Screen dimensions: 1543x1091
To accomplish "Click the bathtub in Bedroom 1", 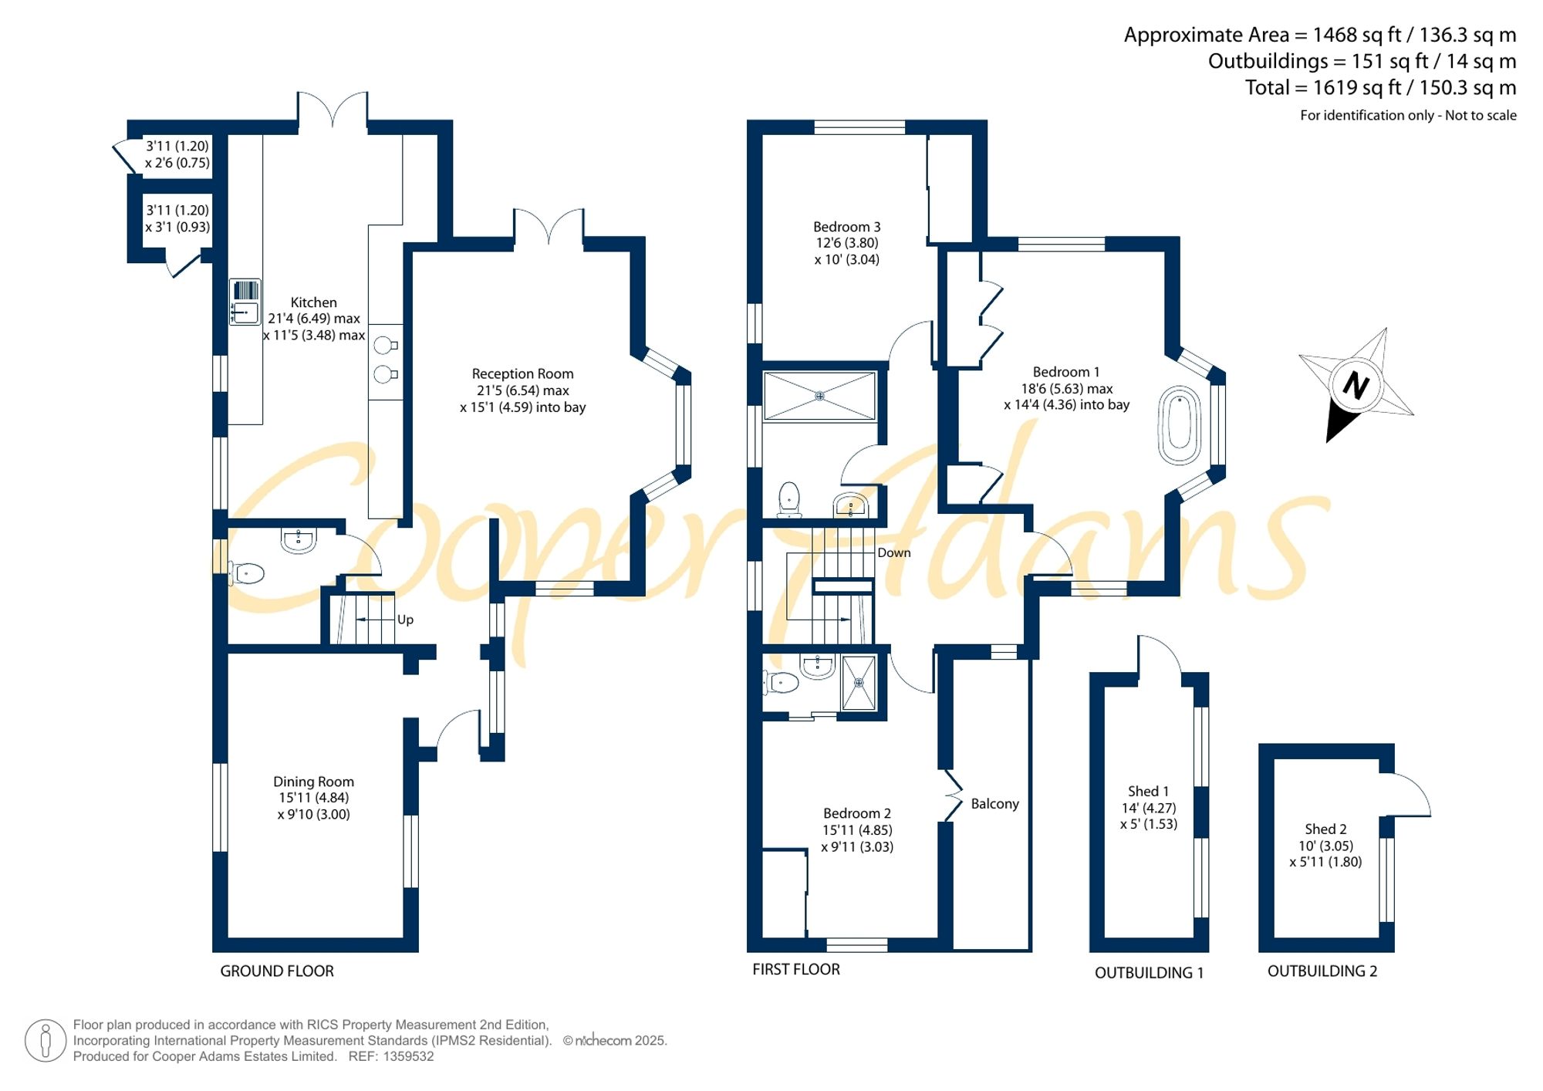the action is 1180,425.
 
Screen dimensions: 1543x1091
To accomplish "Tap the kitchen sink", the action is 245,302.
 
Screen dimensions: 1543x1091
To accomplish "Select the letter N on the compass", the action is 1356,384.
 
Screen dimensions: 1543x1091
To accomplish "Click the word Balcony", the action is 994,804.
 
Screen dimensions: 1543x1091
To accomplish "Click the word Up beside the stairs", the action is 405,620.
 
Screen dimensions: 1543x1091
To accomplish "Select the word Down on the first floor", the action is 893,552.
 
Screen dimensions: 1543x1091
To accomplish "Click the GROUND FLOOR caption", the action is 277,971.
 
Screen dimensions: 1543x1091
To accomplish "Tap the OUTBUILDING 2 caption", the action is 1322,971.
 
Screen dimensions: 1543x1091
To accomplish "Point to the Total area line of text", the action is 1380,87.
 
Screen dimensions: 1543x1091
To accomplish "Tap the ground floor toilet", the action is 246,573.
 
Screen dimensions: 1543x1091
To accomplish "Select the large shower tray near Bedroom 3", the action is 819,396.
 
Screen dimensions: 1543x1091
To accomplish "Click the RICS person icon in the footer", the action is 46,1040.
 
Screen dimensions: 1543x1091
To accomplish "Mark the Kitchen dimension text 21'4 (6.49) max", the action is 313,319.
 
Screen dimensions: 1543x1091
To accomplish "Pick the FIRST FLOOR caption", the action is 796,970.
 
